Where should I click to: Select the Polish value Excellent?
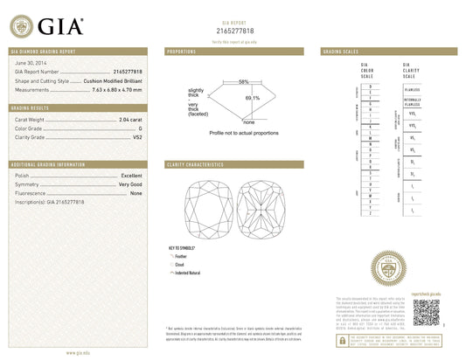pos(132,176)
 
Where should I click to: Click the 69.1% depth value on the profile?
pos(252,99)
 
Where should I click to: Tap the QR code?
pos(426,313)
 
